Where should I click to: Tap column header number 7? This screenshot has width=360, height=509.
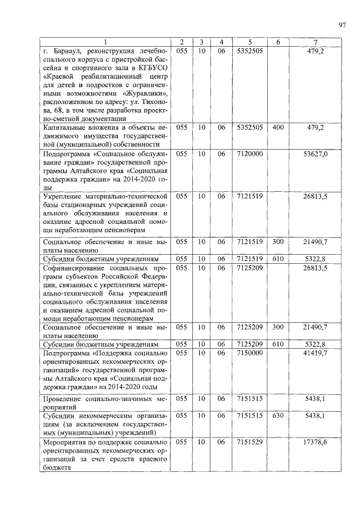[x=316, y=43]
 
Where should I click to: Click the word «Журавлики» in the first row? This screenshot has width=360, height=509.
[x=140, y=93]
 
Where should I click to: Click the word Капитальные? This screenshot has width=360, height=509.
[x=65, y=128]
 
